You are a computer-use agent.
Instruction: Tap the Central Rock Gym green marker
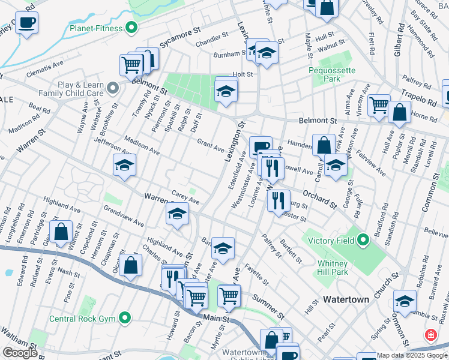pyautogui.click(x=125, y=317)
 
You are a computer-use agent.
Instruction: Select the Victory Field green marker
pyautogui.click(x=363, y=241)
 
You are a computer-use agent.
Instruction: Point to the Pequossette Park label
pyautogui.click(x=332, y=74)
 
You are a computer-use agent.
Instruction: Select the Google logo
pyautogui.click(x=19, y=353)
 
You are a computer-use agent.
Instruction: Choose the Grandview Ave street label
pyautogui.click(x=124, y=216)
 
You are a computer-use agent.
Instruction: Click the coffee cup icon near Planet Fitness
pyautogui.click(x=26, y=24)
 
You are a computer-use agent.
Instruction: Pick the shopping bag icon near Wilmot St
pyautogui.click(x=61, y=232)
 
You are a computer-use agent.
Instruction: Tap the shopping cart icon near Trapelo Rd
pyautogui.click(x=379, y=106)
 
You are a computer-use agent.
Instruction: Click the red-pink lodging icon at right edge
pyautogui.click(x=430, y=335)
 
